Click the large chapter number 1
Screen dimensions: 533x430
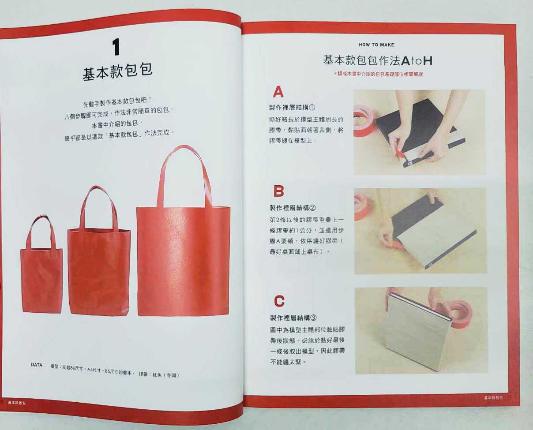tap(116, 47)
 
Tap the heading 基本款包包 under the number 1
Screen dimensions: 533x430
tap(118, 72)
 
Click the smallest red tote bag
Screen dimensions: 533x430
tap(41, 264)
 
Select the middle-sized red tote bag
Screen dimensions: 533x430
tap(99, 251)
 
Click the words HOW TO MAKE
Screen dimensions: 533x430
tap(376, 45)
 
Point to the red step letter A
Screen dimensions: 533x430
tap(278, 92)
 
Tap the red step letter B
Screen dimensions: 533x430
tap(279, 191)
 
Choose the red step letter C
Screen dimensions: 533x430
tap(279, 301)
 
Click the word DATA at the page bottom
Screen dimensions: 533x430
tap(37, 365)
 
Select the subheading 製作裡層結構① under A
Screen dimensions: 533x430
tap(292, 108)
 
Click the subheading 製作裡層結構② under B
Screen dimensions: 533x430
tap(293, 208)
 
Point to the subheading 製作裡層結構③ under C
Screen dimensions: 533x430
tap(293, 318)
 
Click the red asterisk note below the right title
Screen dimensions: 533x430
tap(379, 74)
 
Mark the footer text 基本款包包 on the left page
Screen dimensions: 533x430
tap(17, 403)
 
